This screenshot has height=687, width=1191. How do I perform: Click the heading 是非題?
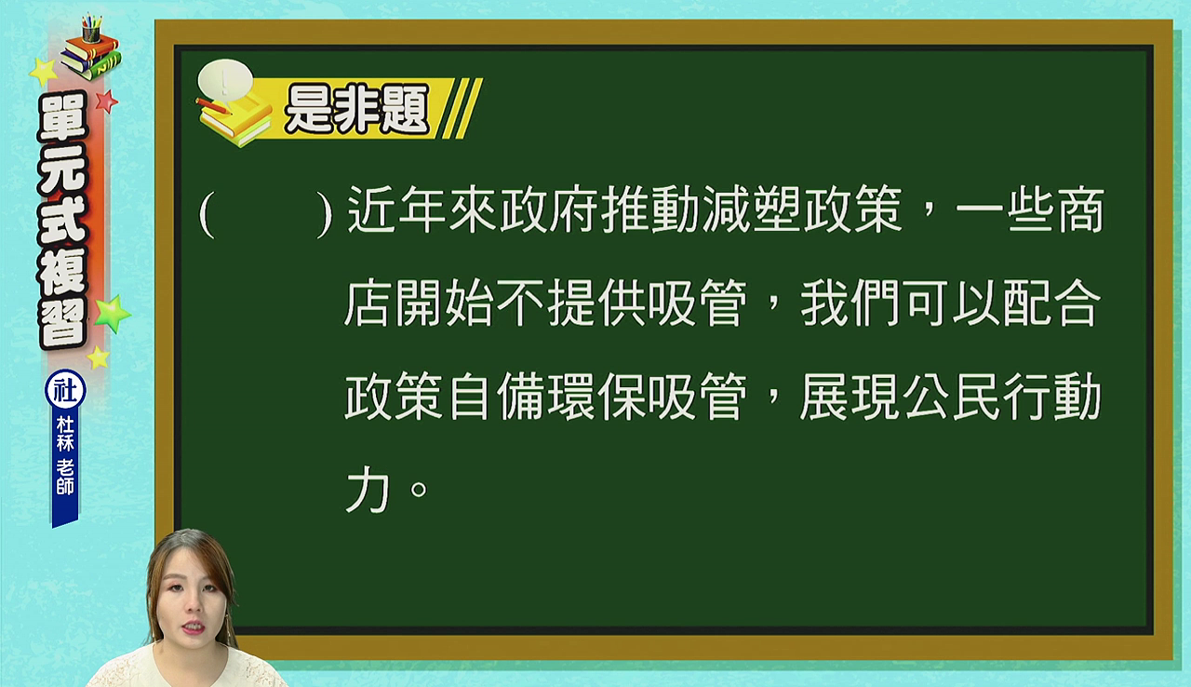coord(356,110)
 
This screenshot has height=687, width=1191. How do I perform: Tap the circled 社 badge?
coord(65,390)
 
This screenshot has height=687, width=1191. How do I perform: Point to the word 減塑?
coord(752,209)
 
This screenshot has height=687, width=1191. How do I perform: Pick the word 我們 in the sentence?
coord(850,303)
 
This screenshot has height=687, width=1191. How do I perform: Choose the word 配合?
coord(1051,303)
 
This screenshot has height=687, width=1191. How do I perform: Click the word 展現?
coord(850,397)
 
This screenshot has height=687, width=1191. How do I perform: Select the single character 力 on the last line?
coord(368,491)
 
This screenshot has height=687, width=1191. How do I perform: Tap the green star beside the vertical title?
coord(113,314)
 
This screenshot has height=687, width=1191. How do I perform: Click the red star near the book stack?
coord(107,101)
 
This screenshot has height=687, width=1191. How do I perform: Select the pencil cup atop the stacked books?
coord(91,30)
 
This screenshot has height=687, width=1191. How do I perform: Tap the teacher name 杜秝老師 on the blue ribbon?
coord(65,456)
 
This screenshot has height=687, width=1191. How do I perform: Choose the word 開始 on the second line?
coord(445,303)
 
